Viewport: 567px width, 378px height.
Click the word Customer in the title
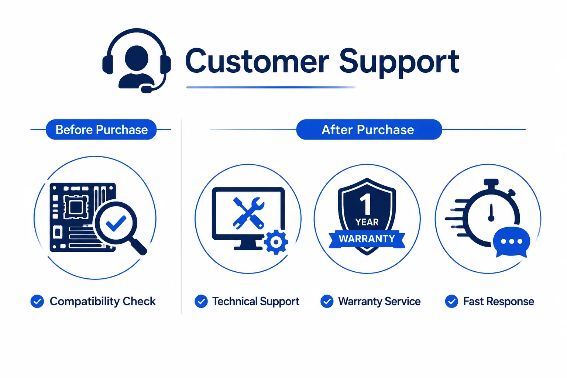pyautogui.click(x=257, y=62)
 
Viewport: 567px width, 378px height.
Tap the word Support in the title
pyautogui.click(x=399, y=63)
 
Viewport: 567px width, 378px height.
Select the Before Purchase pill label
pyautogui.click(x=101, y=129)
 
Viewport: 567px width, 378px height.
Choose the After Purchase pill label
pyautogui.click(x=369, y=129)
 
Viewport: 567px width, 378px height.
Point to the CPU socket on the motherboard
pyautogui.click(x=76, y=207)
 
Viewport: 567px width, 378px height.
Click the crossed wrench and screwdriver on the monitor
pyautogui.click(x=248, y=213)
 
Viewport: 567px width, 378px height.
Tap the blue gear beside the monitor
pyautogui.click(x=276, y=242)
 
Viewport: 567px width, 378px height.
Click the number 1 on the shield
pyautogui.click(x=366, y=205)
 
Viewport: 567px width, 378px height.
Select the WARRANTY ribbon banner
pyautogui.click(x=367, y=239)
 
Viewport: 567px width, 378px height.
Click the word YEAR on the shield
pyautogui.click(x=367, y=222)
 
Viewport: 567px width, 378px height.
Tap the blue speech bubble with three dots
pyautogui.click(x=512, y=242)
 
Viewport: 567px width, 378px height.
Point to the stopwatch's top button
pyautogui.click(x=491, y=182)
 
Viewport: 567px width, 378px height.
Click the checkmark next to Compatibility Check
pyautogui.click(x=37, y=301)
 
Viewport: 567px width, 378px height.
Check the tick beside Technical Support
pyautogui.click(x=201, y=301)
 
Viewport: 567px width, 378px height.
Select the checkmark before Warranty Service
pyautogui.click(x=327, y=301)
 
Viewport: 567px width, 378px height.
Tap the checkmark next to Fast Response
pyautogui.click(x=451, y=301)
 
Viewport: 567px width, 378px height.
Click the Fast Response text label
pyautogui.click(x=499, y=301)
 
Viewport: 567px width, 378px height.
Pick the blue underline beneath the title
pyautogui.click(x=271, y=87)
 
